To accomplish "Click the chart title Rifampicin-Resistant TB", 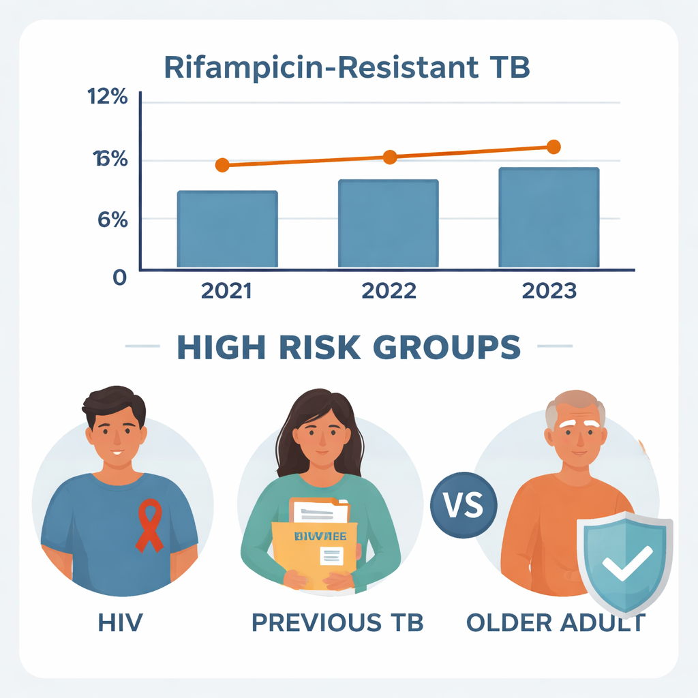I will tap(347, 68).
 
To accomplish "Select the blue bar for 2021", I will tap(227, 229).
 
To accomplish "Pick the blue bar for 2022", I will tap(388, 224).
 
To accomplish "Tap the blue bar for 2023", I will tap(549, 217).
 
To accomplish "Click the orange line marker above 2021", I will tap(222, 165).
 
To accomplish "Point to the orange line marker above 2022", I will tap(389, 157).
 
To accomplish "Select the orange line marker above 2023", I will tap(553, 147).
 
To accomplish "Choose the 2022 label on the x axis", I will tap(389, 291).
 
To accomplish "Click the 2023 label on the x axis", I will tap(549, 291).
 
